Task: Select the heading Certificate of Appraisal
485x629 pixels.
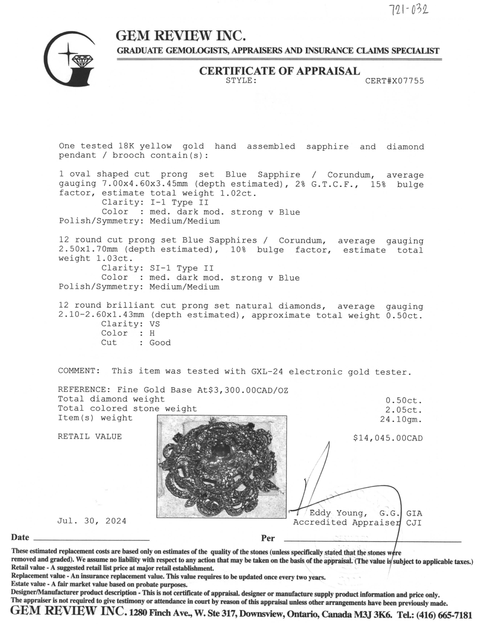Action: tap(279, 71)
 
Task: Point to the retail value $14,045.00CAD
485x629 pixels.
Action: tap(388, 438)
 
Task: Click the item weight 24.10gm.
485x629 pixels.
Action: tap(401, 419)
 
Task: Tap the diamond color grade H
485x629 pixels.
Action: tap(152, 333)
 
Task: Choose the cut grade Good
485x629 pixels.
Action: tap(160, 343)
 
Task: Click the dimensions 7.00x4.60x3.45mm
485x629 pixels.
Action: tap(145, 184)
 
